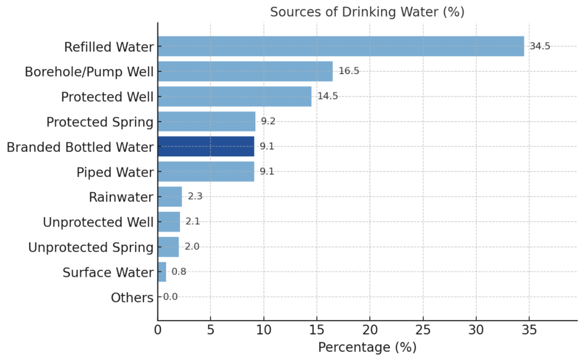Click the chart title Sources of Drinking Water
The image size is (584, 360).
[367, 12]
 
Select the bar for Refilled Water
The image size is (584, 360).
[341, 46]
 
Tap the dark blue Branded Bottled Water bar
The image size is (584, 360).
[206, 146]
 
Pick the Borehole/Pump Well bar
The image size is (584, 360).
[245, 71]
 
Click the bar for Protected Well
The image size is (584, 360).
[235, 96]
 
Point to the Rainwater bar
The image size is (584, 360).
[170, 197]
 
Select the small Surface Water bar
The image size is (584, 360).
[162, 272]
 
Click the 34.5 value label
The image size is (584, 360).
[540, 46]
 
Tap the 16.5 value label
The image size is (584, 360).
[349, 71]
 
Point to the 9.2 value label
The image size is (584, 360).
[269, 122]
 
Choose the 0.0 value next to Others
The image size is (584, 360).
[170, 297]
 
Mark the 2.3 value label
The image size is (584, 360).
[195, 197]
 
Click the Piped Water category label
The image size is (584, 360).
[115, 172]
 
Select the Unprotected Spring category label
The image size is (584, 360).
[91, 248]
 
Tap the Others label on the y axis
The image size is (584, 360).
[132, 298]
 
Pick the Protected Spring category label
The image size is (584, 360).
[100, 122]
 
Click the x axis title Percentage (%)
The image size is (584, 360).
[367, 347]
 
